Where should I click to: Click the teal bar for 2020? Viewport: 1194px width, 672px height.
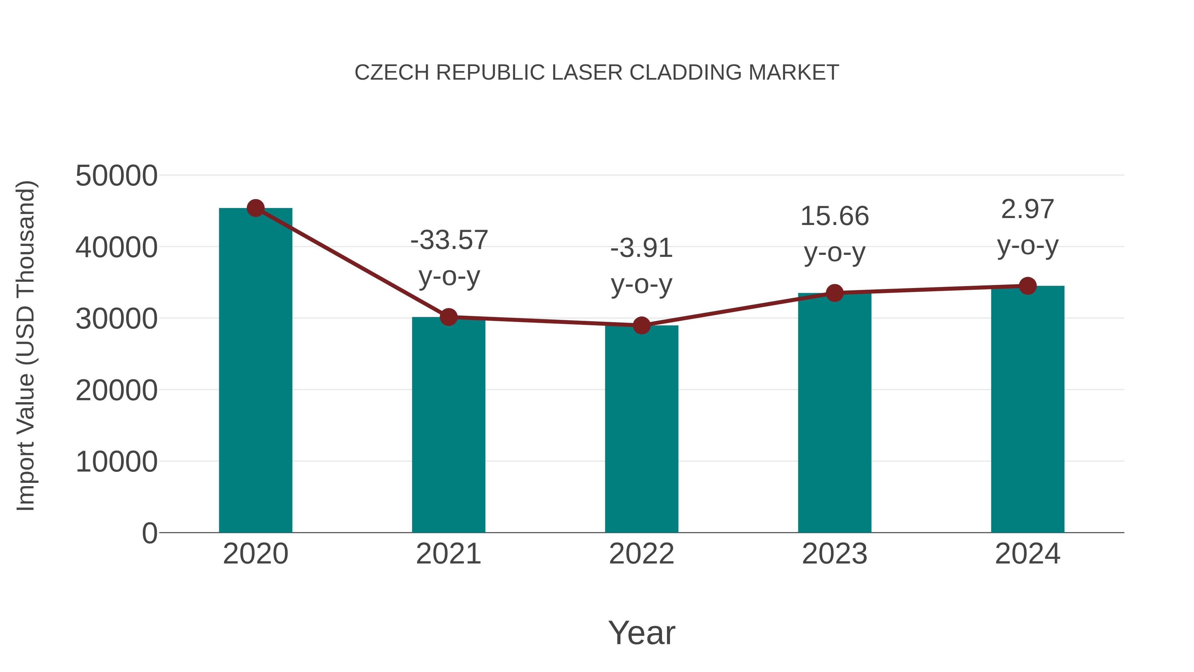click(255, 371)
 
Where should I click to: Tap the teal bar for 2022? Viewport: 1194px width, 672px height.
click(641, 429)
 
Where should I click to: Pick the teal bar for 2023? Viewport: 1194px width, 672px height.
click(834, 413)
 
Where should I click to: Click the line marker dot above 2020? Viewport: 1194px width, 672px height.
click(255, 208)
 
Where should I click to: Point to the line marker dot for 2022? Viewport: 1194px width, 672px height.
click(641, 326)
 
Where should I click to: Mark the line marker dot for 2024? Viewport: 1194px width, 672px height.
click(1028, 286)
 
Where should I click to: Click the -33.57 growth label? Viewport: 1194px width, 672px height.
click(449, 240)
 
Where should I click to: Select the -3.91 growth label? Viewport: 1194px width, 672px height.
click(641, 248)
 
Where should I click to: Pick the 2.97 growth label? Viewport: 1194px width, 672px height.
click(1028, 209)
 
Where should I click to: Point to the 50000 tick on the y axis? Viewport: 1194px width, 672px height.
click(116, 176)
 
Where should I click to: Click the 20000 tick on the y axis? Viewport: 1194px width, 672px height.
click(116, 391)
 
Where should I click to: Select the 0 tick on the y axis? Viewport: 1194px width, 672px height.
click(150, 533)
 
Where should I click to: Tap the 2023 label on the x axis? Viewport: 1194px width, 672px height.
click(834, 554)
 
